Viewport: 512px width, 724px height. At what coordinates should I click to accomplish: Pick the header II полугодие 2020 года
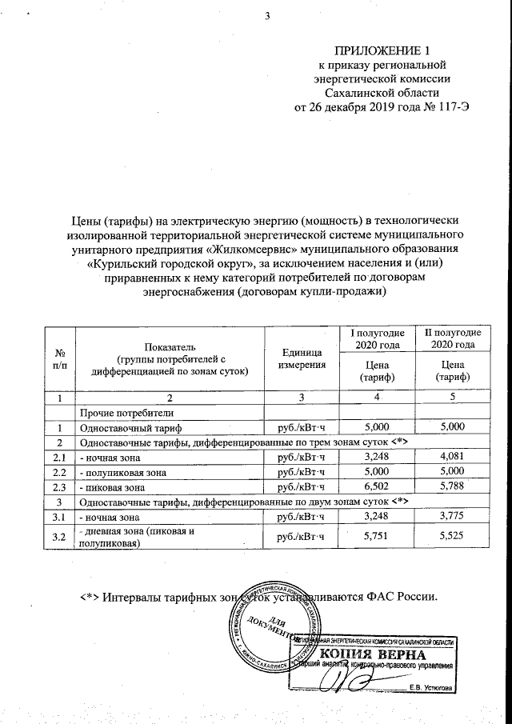click(452, 338)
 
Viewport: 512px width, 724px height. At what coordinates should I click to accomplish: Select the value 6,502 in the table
click(376, 486)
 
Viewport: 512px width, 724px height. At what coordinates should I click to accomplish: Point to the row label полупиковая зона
click(124, 472)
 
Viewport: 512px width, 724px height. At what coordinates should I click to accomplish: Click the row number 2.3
click(58, 486)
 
